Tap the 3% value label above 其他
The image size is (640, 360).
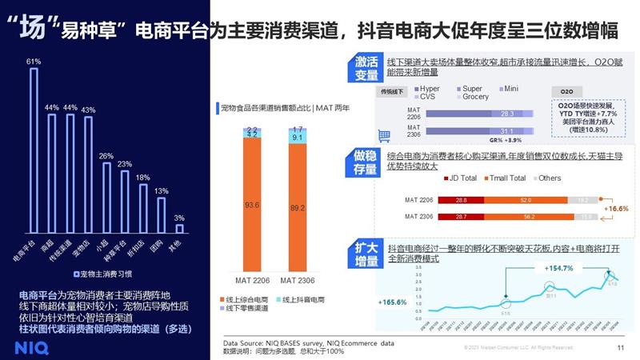coord(179,218)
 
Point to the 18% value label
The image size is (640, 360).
coord(142,177)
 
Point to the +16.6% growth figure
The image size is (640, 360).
coord(616,206)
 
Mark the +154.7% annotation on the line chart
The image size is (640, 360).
coord(559,268)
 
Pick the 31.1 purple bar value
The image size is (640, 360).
coord(506,130)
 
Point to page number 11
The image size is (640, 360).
coord(621,347)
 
